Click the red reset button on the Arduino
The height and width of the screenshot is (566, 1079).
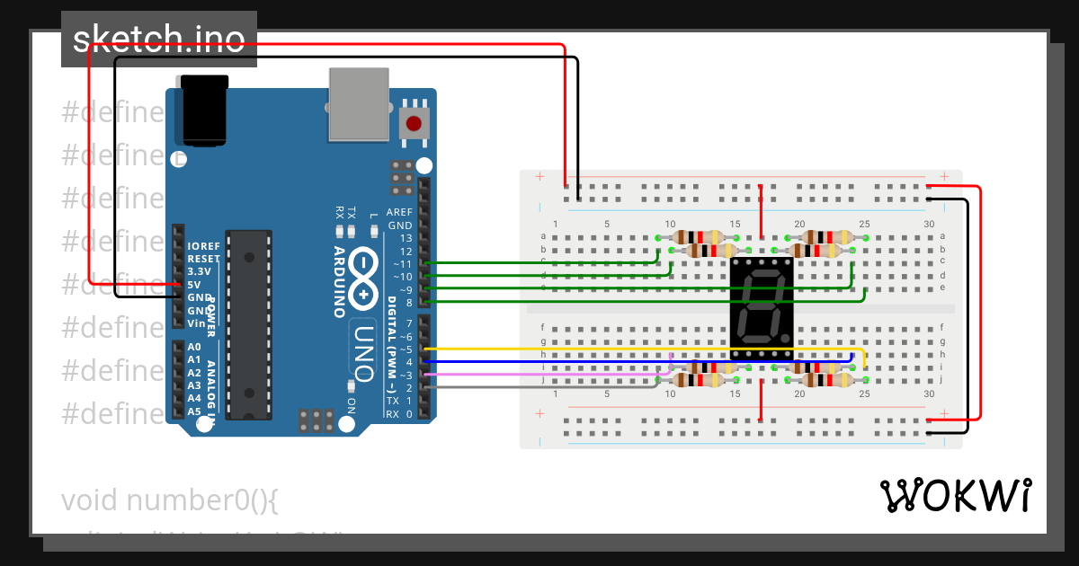click(x=414, y=123)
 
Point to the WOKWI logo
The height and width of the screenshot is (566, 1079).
click(x=955, y=495)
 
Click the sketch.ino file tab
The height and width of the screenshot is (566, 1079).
click(x=159, y=40)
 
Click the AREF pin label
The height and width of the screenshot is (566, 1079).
click(x=399, y=213)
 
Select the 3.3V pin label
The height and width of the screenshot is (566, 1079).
click(x=200, y=271)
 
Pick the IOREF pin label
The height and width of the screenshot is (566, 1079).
click(x=202, y=245)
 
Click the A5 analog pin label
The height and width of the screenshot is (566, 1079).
click(x=194, y=411)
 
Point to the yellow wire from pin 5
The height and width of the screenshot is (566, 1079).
click(x=629, y=349)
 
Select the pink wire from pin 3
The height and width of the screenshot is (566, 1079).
click(x=539, y=374)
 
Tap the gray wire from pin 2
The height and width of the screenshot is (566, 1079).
click(x=539, y=387)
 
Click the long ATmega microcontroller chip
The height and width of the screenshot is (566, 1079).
click(x=247, y=324)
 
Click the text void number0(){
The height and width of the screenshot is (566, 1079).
click(x=170, y=500)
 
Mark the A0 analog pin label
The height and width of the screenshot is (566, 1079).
click(x=194, y=347)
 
